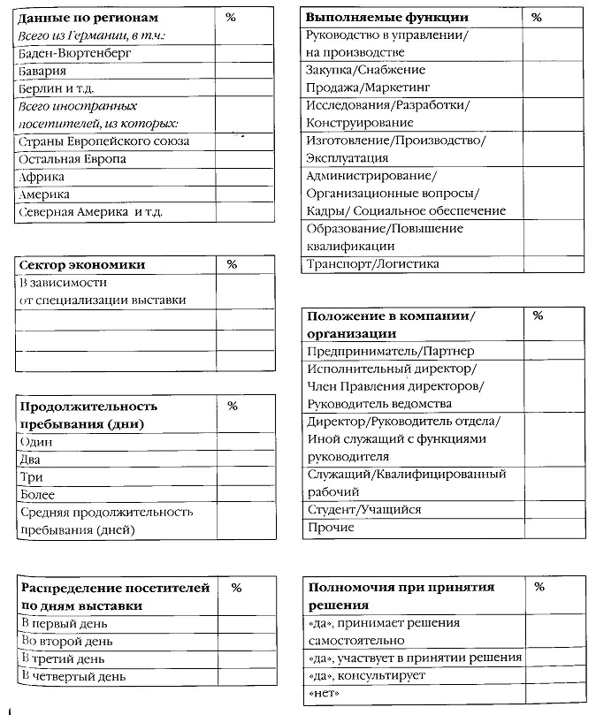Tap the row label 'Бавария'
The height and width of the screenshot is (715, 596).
pos(42,71)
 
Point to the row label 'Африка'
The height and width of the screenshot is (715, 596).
pos(42,177)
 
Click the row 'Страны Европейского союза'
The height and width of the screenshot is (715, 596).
pos(103,141)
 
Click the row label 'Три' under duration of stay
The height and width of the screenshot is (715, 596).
pos(31,477)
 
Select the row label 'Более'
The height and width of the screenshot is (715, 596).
pos(37,495)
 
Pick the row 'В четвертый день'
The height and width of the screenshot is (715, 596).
pos(73,676)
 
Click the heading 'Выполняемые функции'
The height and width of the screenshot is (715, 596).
pos(386,18)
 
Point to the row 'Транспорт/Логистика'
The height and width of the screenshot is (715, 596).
pos(372,264)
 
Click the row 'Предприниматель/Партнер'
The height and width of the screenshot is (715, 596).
pos(390,351)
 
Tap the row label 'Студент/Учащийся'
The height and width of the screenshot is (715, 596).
pos(363,510)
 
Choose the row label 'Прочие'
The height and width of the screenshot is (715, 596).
pos(331,528)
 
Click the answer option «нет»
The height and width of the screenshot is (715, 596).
pos(325,694)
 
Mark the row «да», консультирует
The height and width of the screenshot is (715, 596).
pos(366,676)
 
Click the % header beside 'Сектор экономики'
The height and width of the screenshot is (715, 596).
pos(232,264)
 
